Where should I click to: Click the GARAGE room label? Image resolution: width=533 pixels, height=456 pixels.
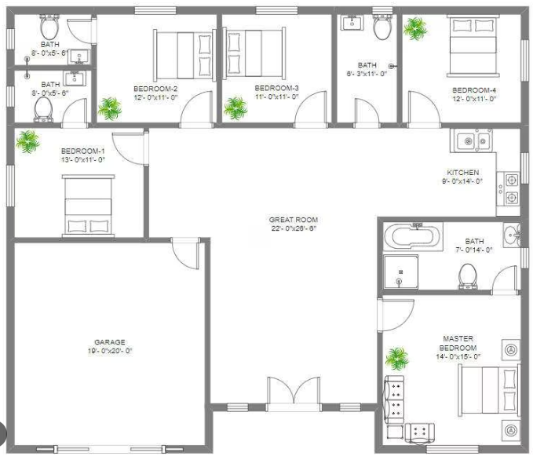[x=110, y=342]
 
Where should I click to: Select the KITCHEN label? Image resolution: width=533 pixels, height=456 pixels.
[x=462, y=173]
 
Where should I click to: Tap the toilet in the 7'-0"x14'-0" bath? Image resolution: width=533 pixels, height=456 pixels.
[x=469, y=275]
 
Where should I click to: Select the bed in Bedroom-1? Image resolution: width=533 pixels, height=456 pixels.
[x=88, y=206]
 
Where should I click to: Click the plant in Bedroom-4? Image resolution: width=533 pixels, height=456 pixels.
[x=414, y=29]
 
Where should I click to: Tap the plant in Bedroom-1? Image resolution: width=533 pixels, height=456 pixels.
[x=28, y=142]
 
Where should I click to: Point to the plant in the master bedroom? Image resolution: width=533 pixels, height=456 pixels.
[x=397, y=359]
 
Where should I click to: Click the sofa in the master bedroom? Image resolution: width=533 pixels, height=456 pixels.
[x=394, y=398]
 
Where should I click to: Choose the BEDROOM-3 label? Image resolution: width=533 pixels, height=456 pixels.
[x=277, y=88]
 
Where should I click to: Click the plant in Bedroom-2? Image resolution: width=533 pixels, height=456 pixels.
[x=110, y=108]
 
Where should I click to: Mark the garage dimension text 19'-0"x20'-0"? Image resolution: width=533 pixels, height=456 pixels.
[x=110, y=352]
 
